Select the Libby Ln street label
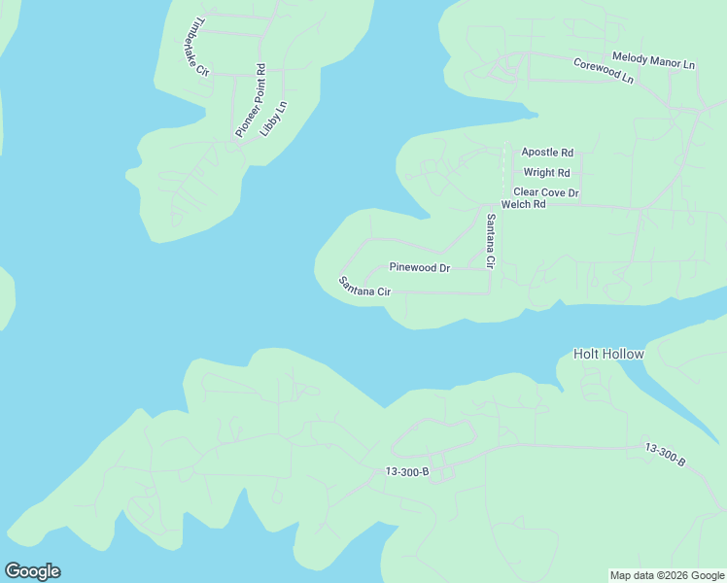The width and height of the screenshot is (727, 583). (275, 117)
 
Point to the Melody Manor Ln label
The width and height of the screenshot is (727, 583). (654, 60)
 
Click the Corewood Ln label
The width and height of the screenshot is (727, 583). (604, 71)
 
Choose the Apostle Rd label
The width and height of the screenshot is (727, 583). (547, 153)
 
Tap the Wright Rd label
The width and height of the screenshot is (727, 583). (546, 173)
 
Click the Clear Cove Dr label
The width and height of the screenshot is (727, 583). (546, 192)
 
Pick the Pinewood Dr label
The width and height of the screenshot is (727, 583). (420, 267)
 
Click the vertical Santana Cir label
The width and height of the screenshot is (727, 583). (491, 242)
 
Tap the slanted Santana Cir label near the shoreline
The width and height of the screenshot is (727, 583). (364, 287)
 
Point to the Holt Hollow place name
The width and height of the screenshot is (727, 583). (608, 354)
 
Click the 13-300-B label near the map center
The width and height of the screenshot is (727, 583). (407, 471)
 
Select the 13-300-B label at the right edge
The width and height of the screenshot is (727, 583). (666, 455)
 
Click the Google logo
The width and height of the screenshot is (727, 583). (33, 570)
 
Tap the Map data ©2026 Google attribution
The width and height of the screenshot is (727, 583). (668, 575)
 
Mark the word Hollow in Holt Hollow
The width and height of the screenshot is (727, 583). (623, 354)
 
